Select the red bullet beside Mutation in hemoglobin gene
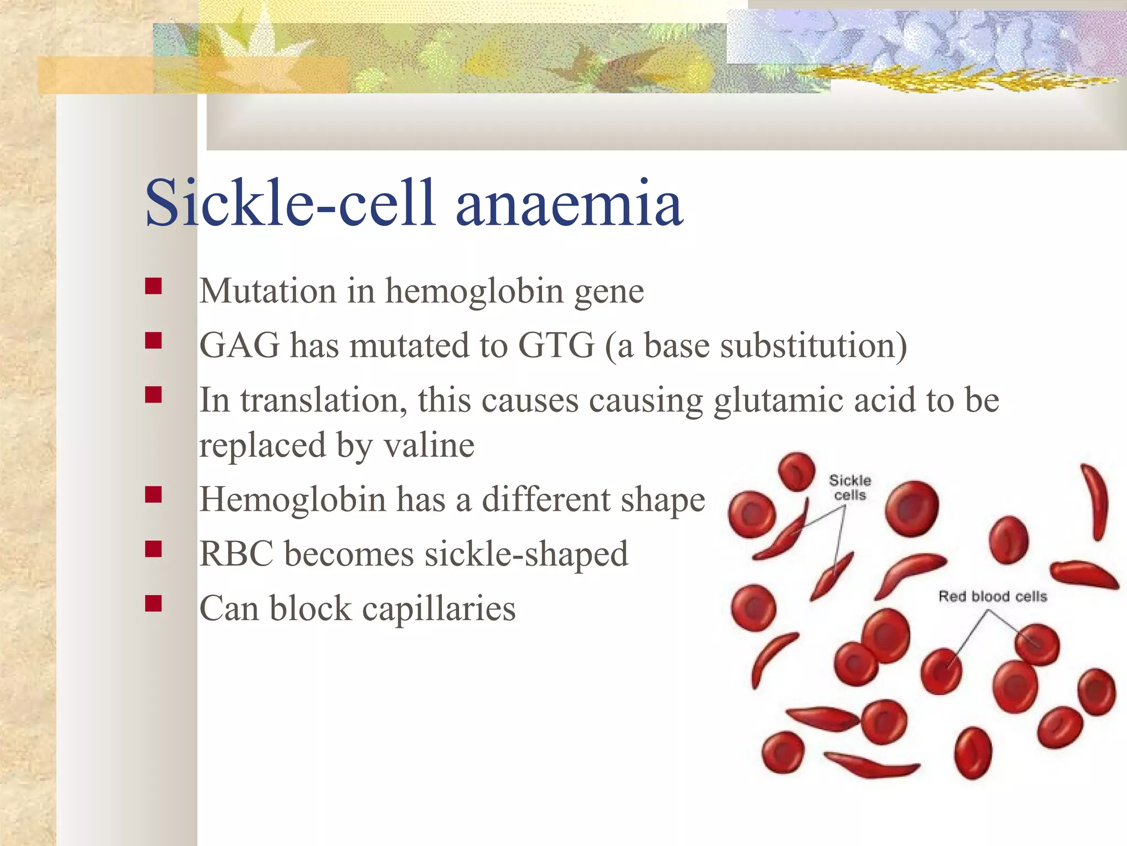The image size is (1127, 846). tap(154, 286)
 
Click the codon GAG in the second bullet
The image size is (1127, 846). tap(239, 345)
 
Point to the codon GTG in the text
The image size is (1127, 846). tap(556, 345)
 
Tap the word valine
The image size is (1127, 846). tap(429, 445)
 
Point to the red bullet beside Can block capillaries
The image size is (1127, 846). tap(154, 604)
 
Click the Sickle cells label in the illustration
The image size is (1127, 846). tap(850, 487)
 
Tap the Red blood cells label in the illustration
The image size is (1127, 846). tap(992, 596)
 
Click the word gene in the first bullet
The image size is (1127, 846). tap(609, 292)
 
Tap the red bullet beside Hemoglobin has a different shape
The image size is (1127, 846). tap(154, 495)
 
